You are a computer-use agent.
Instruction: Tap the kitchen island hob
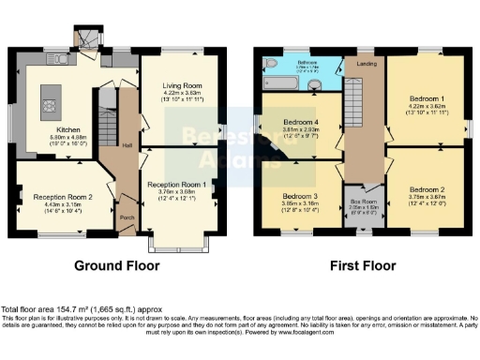(x=47, y=96)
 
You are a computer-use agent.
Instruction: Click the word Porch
(x=126, y=219)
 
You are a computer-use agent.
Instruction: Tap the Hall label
(x=126, y=145)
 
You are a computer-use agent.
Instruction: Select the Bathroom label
(x=307, y=61)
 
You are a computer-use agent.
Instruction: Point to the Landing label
(x=366, y=65)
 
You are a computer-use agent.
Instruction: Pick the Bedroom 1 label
(x=428, y=97)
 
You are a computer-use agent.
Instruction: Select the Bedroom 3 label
(x=301, y=195)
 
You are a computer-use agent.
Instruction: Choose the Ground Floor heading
(x=115, y=266)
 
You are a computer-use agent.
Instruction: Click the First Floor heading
(x=363, y=266)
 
